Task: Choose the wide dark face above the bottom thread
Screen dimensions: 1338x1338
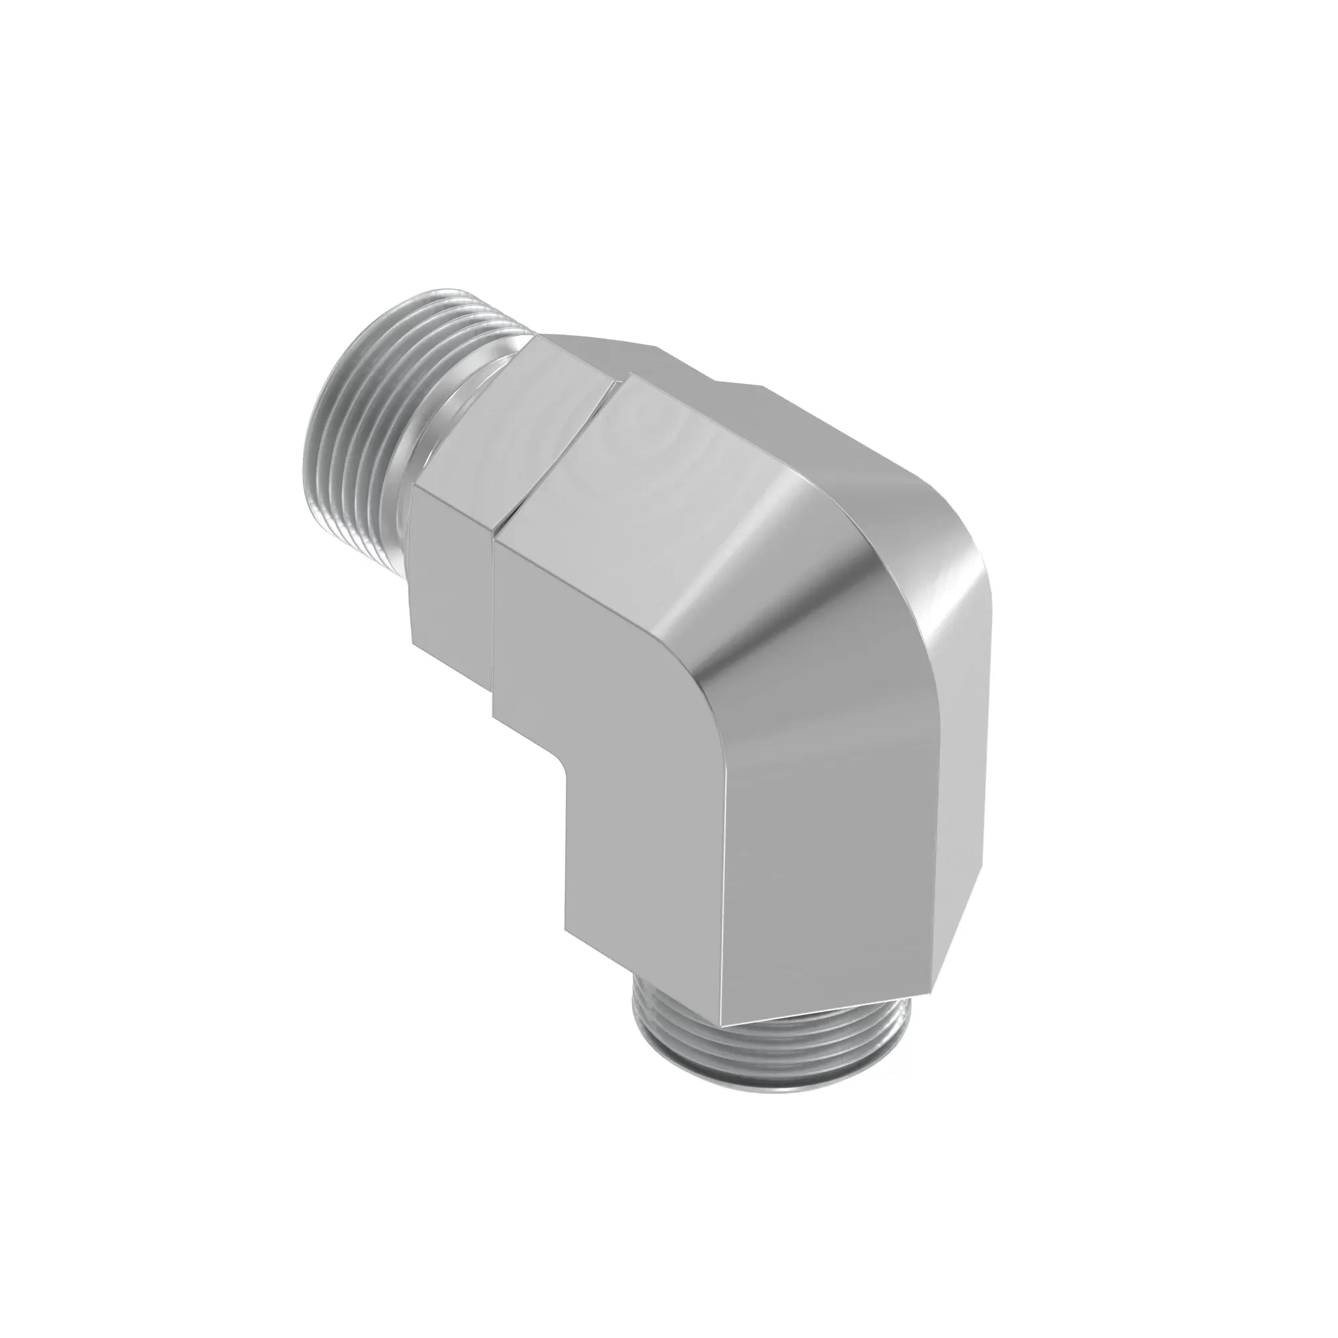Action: pos(824,831)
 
